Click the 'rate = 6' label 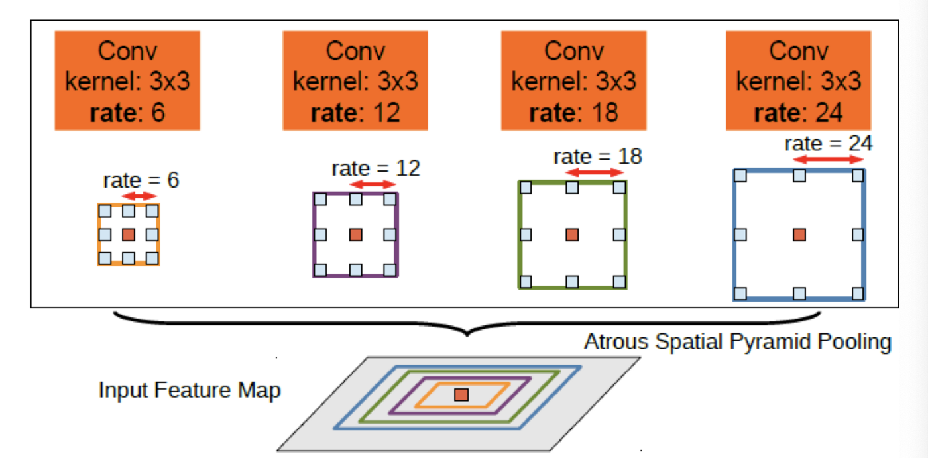[141, 180]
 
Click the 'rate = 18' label [598, 157]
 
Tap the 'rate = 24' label [829, 143]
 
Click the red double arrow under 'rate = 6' [141, 196]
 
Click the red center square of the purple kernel [356, 235]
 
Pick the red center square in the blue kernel [799, 235]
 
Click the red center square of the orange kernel [129, 235]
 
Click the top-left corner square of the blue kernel [741, 176]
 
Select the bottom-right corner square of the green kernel [620, 282]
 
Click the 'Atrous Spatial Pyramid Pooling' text [737, 343]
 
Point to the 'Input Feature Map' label [190, 390]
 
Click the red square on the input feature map [461, 395]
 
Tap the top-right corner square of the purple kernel [390, 199]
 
